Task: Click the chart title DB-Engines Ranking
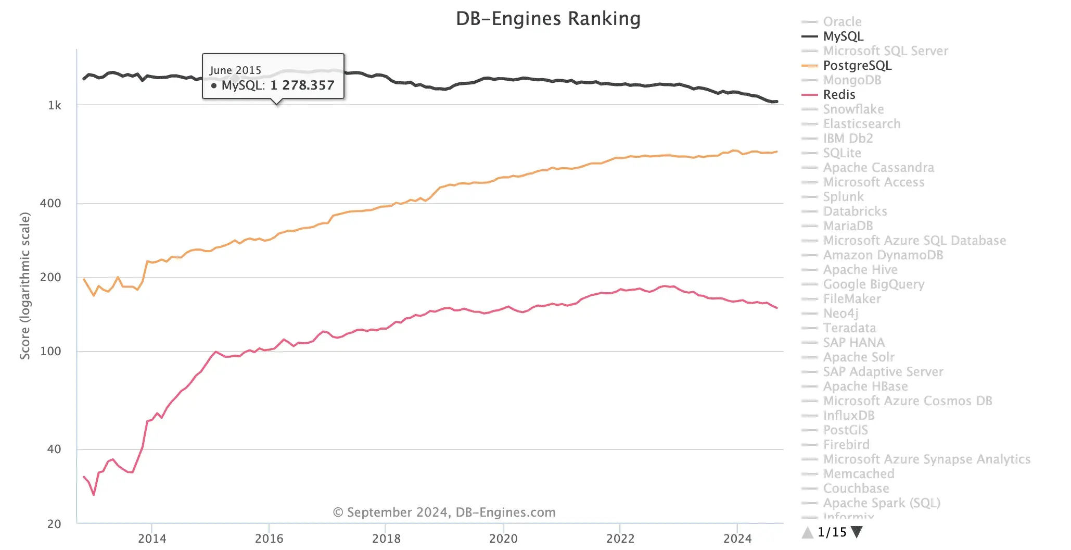click(548, 19)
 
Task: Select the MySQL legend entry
click(843, 36)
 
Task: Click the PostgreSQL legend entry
click(857, 66)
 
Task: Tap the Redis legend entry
click(838, 95)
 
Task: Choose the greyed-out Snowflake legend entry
click(853, 109)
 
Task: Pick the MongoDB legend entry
click(851, 80)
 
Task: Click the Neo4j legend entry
click(840, 314)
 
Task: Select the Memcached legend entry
click(858, 474)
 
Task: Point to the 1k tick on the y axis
click(55, 106)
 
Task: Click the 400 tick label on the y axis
click(50, 204)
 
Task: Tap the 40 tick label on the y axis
click(54, 449)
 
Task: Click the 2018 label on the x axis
click(386, 539)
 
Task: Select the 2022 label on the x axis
click(620, 539)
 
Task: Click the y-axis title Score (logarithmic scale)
click(25, 285)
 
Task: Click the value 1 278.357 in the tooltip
click(302, 85)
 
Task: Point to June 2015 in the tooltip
click(235, 70)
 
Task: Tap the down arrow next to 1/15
click(857, 532)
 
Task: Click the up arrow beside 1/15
click(807, 532)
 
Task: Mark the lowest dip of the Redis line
click(94, 494)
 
